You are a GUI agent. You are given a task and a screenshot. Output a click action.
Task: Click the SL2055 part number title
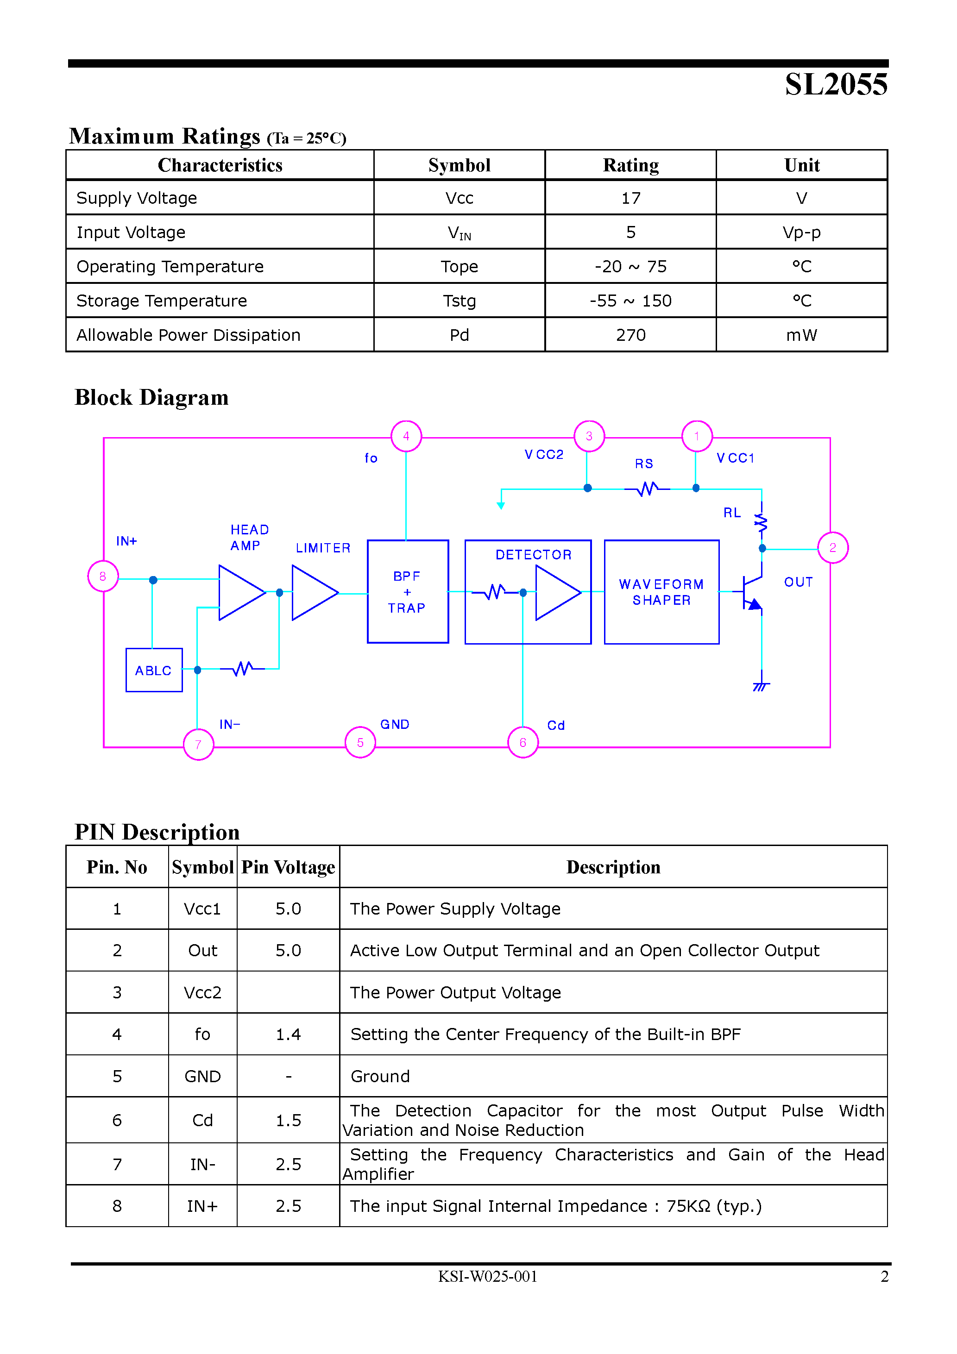pyautogui.click(x=836, y=84)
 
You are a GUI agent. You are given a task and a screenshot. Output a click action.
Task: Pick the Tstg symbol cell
pyautogui.click(x=459, y=301)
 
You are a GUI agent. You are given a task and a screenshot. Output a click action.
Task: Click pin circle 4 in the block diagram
pyautogui.click(x=406, y=436)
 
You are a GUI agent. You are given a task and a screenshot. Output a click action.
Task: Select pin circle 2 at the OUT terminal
pyautogui.click(x=832, y=547)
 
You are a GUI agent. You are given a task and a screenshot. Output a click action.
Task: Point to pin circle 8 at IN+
pyautogui.click(x=103, y=576)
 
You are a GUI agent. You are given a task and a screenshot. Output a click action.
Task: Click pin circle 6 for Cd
pyautogui.click(x=523, y=742)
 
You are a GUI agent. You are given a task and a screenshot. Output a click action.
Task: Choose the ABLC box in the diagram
pyautogui.click(x=153, y=670)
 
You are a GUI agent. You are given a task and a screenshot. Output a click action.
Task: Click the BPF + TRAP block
pyautogui.click(x=407, y=591)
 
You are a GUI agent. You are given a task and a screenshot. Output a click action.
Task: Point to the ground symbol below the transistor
pyautogui.click(x=761, y=685)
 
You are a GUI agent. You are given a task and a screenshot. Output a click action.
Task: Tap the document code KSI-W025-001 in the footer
pyautogui.click(x=487, y=1276)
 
